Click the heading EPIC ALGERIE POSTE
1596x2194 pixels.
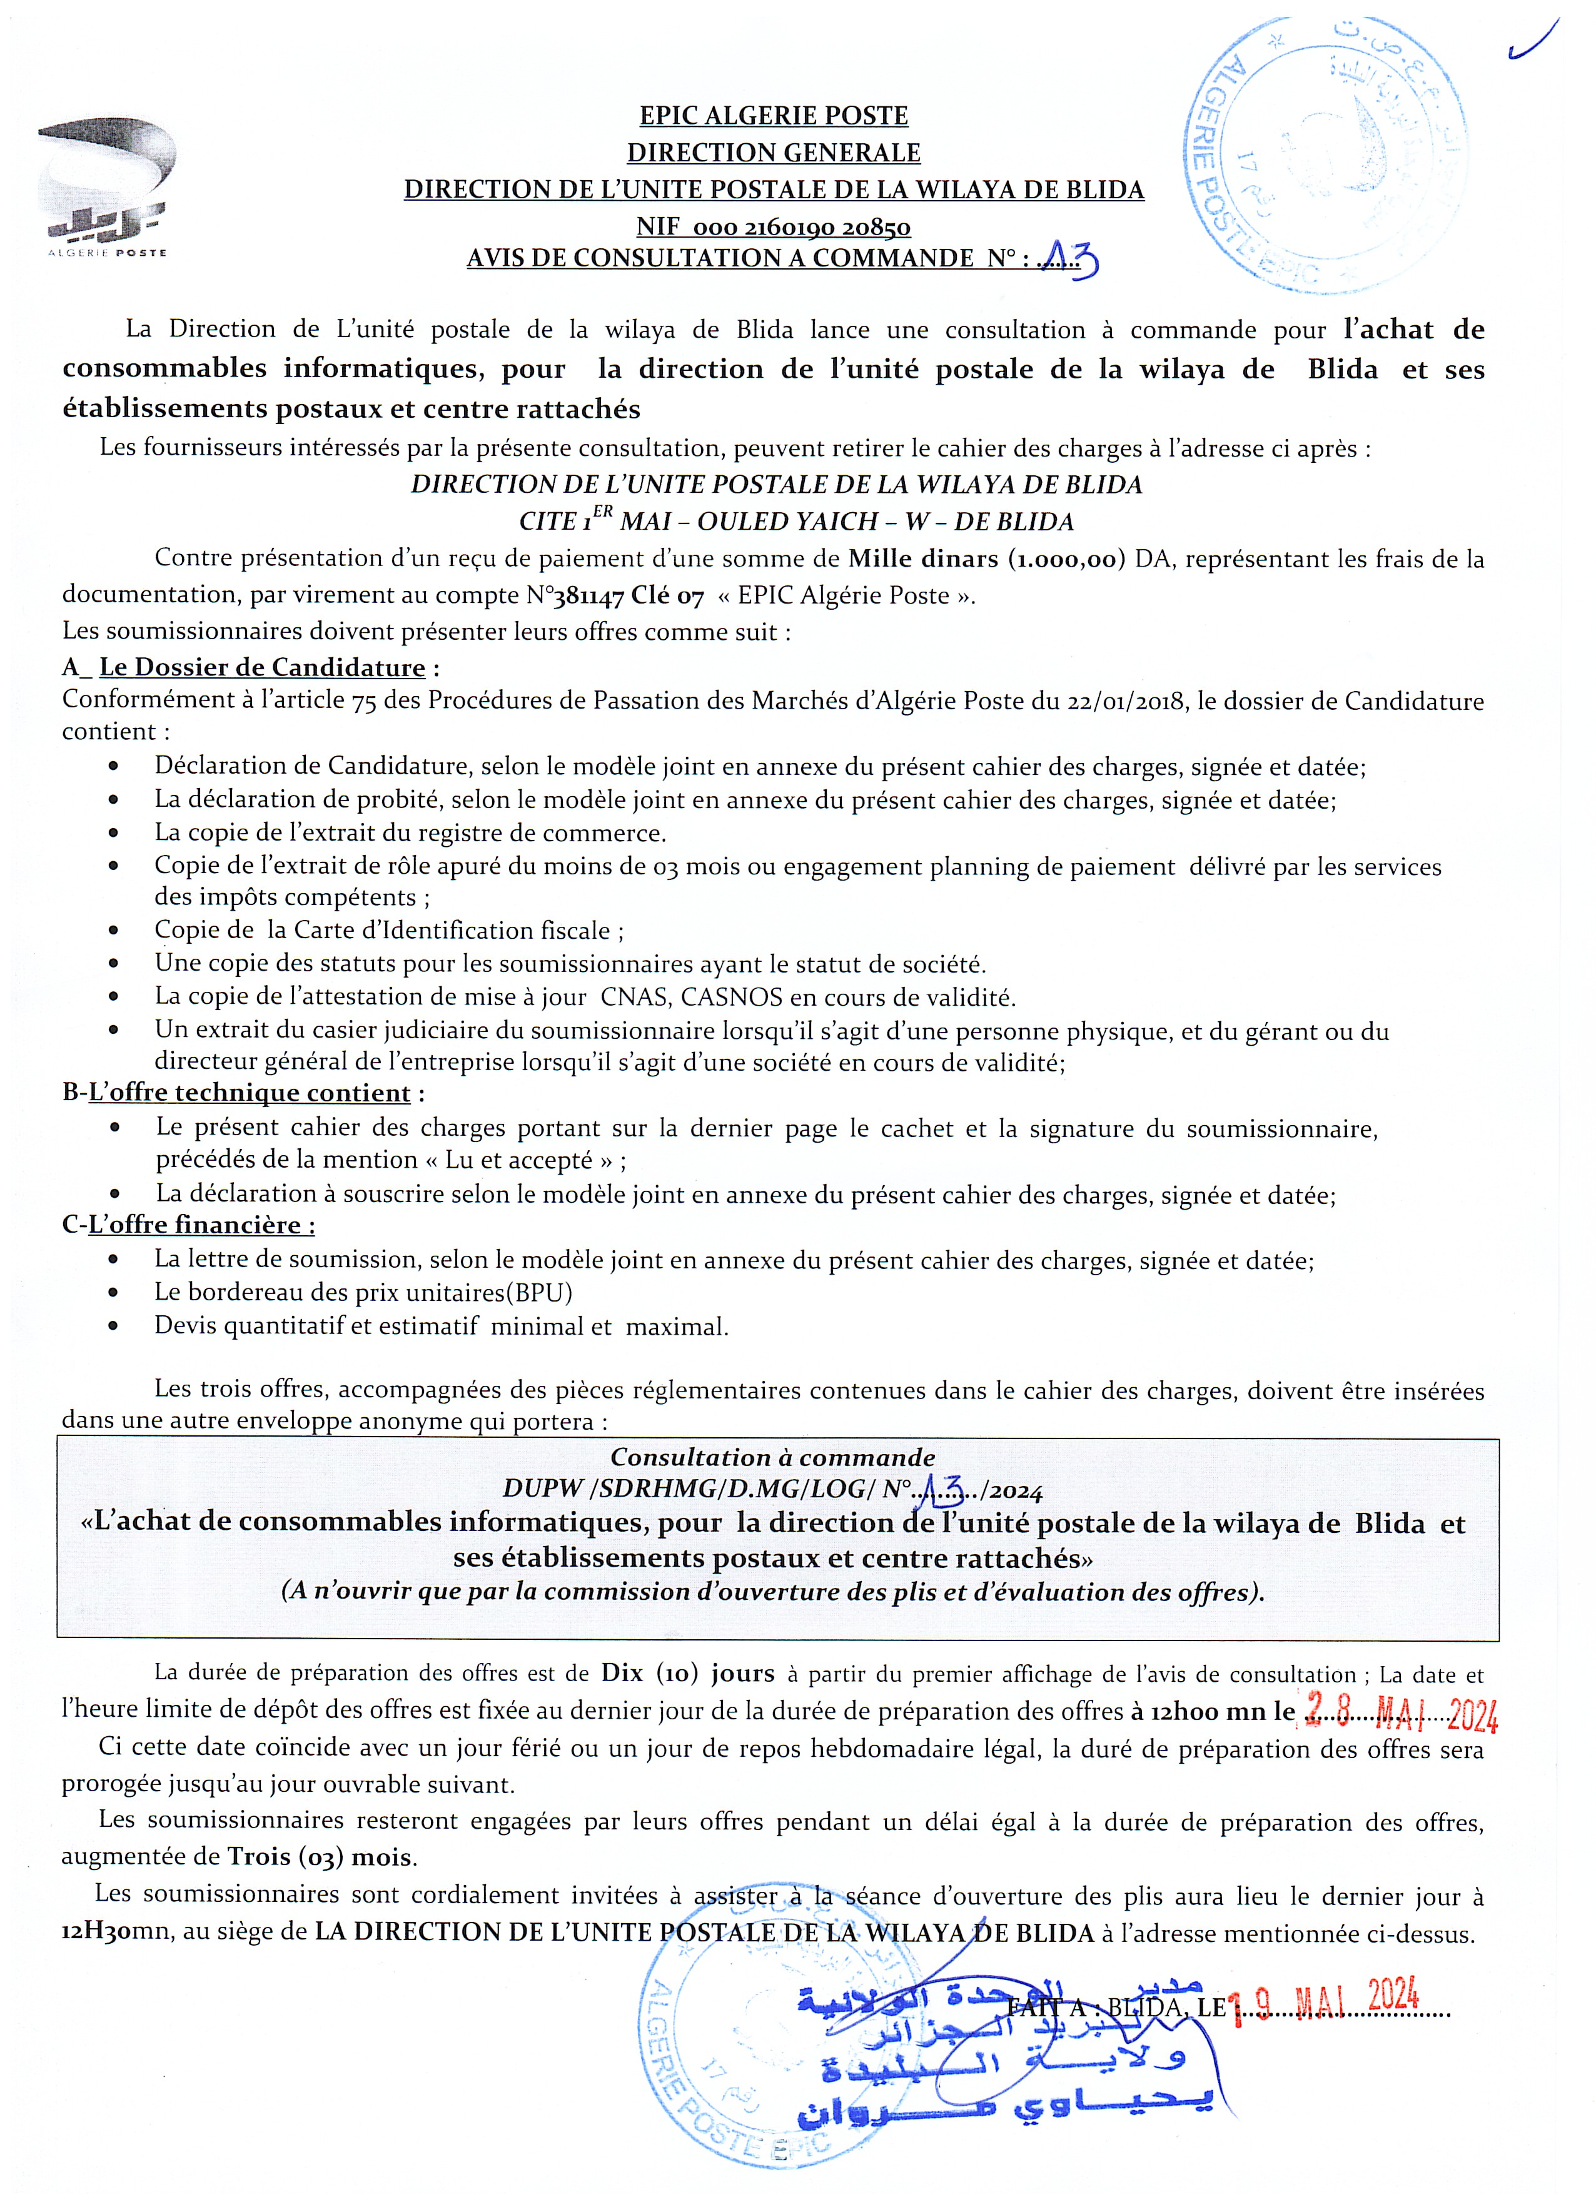pyautogui.click(x=774, y=116)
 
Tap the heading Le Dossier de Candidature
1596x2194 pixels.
pyautogui.click(x=262, y=667)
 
